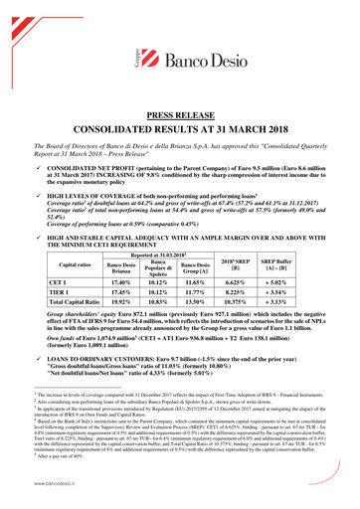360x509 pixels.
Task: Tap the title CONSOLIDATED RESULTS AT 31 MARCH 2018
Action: click(x=180, y=131)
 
